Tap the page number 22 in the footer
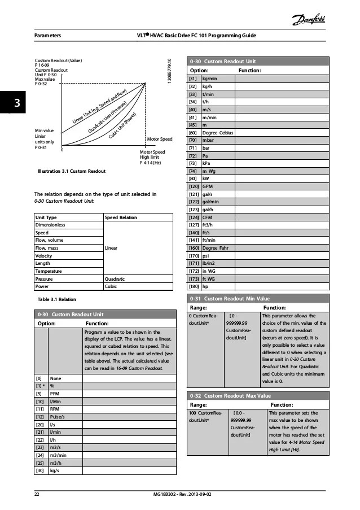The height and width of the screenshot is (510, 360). (x=37, y=494)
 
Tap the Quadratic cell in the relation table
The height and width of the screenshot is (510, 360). (x=116, y=278)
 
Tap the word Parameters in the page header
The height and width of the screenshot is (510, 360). (x=48, y=36)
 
